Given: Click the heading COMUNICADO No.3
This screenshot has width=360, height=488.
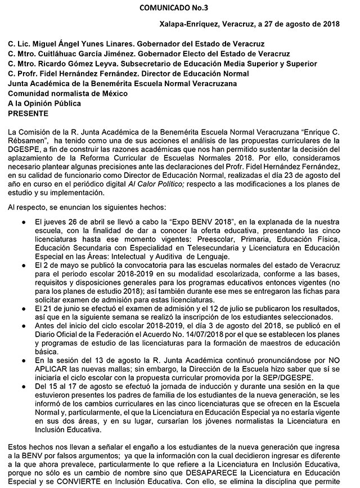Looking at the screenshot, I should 179,7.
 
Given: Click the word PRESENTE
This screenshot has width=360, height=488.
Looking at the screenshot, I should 28,113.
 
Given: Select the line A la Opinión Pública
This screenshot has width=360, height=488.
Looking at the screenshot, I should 44,104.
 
